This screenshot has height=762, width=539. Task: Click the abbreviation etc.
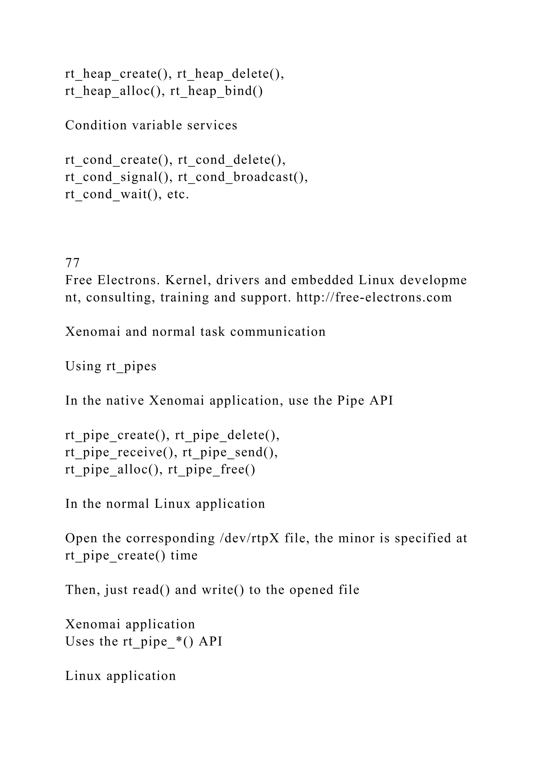(178, 194)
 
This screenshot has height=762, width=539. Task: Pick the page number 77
(72, 263)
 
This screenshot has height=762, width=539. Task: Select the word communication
(278, 332)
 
